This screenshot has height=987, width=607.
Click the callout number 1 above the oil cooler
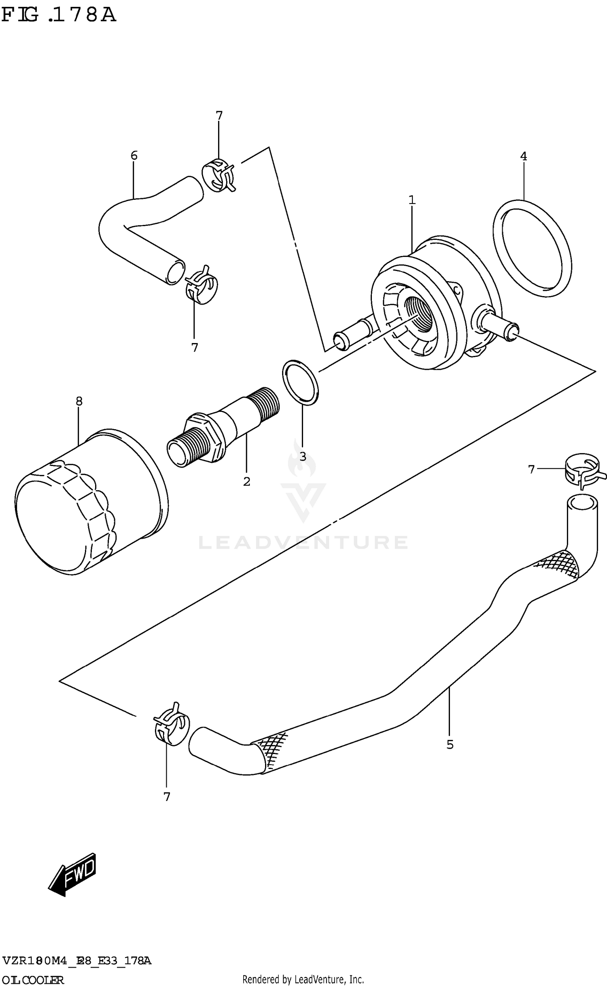(x=412, y=200)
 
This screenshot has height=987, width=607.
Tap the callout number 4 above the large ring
(x=523, y=156)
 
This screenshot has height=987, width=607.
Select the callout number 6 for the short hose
(x=134, y=155)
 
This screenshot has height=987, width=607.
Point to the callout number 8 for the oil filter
(x=79, y=401)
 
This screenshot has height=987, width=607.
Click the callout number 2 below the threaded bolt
(x=246, y=481)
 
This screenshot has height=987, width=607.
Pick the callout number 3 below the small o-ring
(x=303, y=457)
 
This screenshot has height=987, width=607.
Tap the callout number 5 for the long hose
(x=450, y=745)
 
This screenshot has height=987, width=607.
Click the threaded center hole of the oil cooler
(x=419, y=313)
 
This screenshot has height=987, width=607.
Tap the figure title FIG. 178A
(x=59, y=15)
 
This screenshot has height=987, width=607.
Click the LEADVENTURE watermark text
(x=303, y=542)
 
